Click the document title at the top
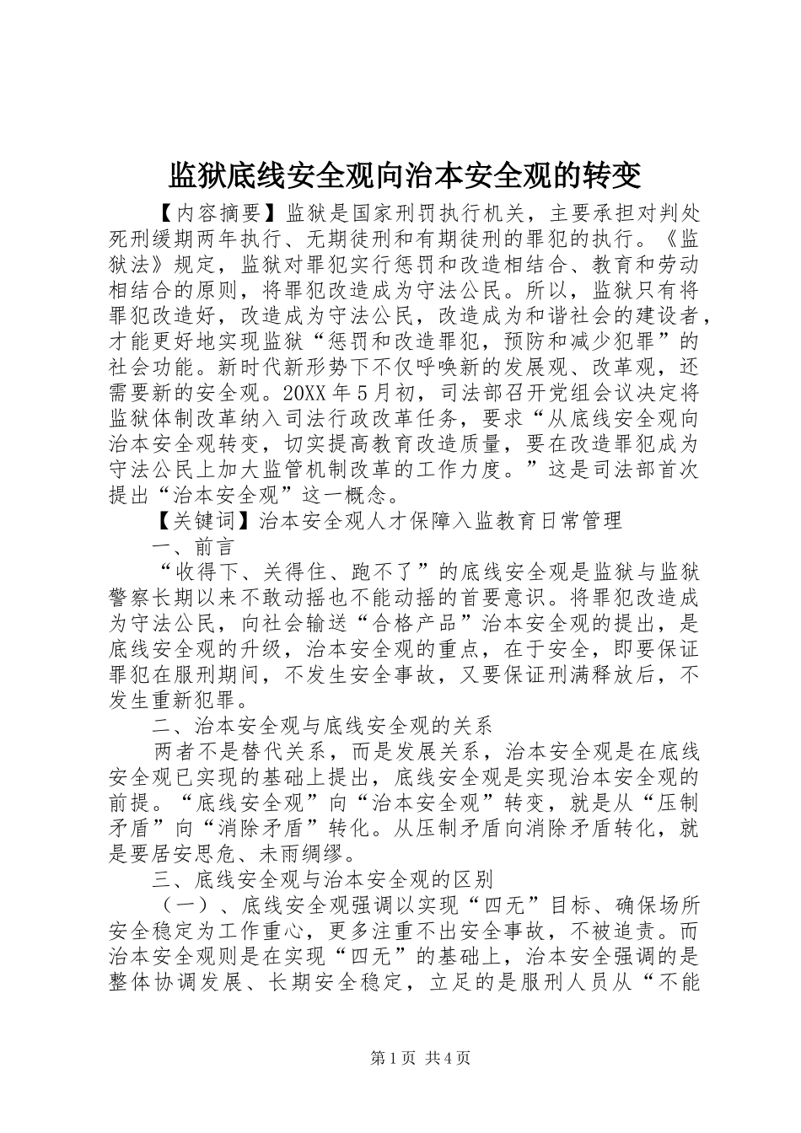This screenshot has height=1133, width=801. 406,175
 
